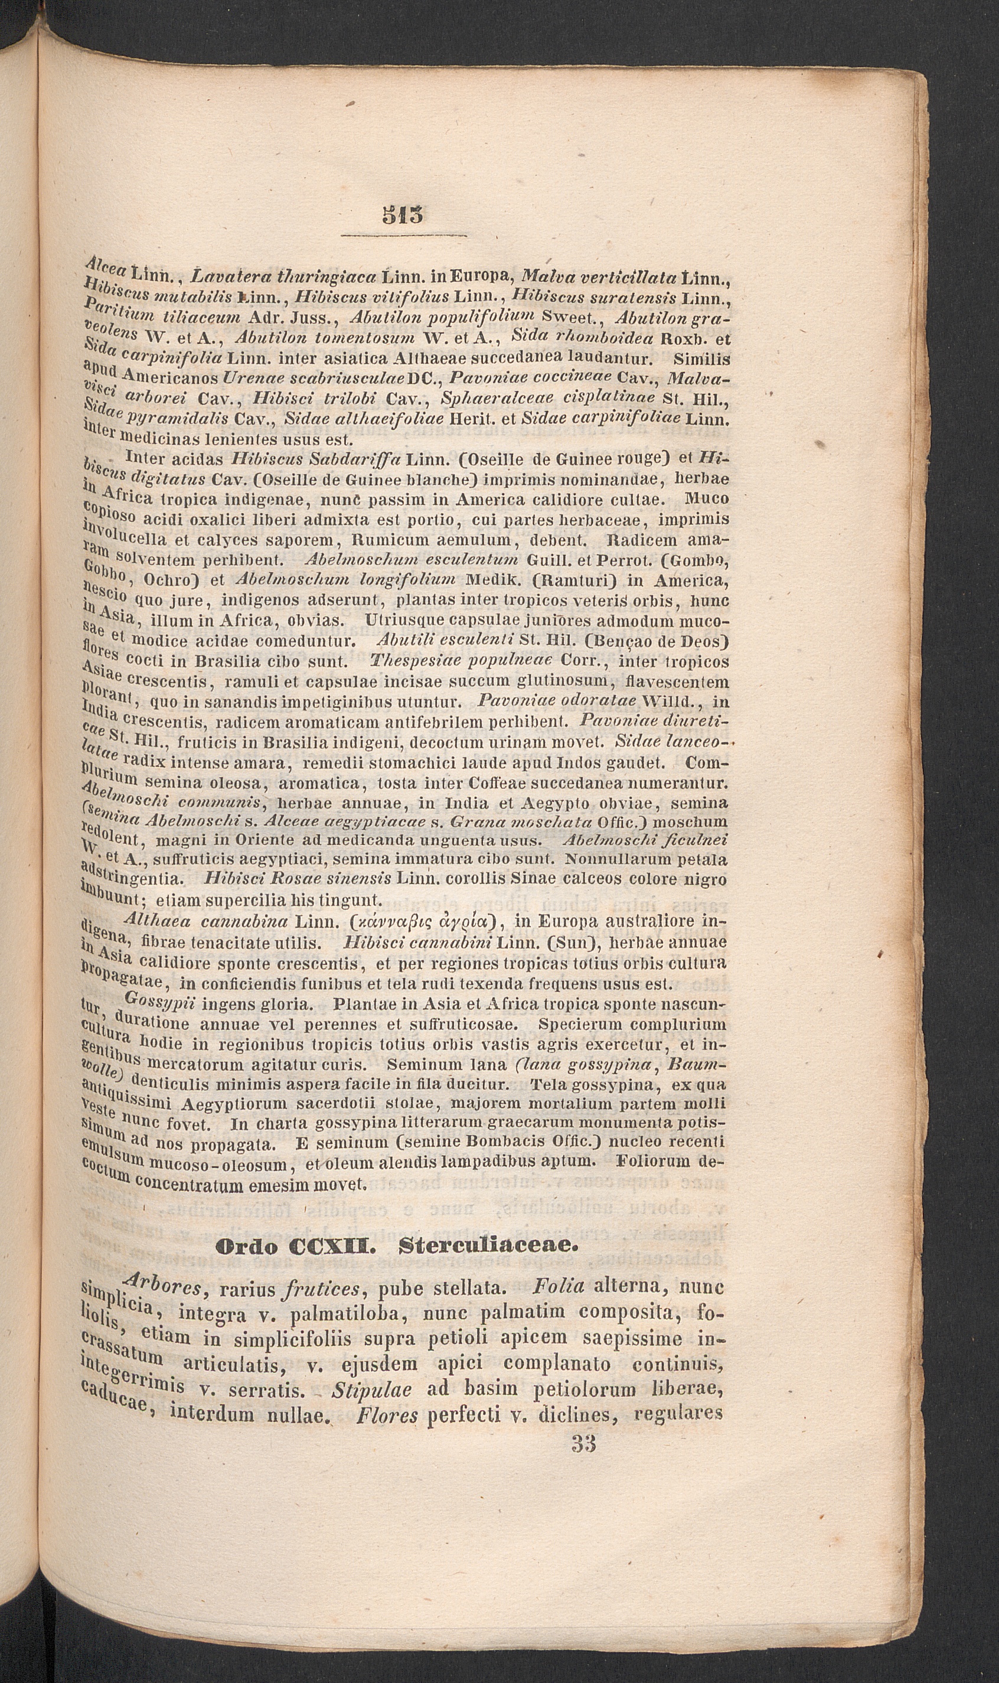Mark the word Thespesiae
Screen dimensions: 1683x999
pyautogui.click(x=409, y=662)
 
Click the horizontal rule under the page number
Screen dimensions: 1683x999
pyautogui.click(x=403, y=236)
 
